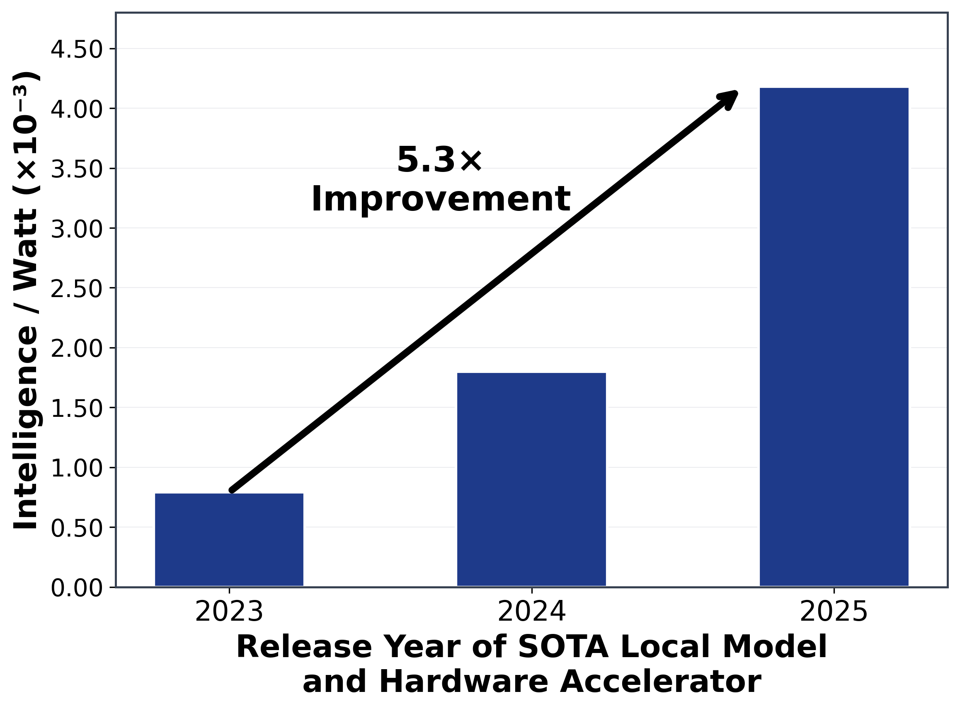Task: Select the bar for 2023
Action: click(x=229, y=540)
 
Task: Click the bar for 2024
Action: click(x=531, y=479)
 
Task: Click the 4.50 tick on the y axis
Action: click(x=77, y=49)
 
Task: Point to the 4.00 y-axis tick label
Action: click(x=77, y=109)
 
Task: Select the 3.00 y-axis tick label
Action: click(x=77, y=229)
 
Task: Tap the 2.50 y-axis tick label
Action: click(x=77, y=289)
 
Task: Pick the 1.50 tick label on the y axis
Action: click(x=77, y=409)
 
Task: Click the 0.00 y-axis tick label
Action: click(x=77, y=588)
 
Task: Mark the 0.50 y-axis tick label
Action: click(x=77, y=528)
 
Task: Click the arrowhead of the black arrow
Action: click(x=729, y=99)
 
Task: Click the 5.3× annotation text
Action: click(x=440, y=160)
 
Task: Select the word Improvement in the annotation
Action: click(x=441, y=199)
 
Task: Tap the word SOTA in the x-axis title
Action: click(x=563, y=647)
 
